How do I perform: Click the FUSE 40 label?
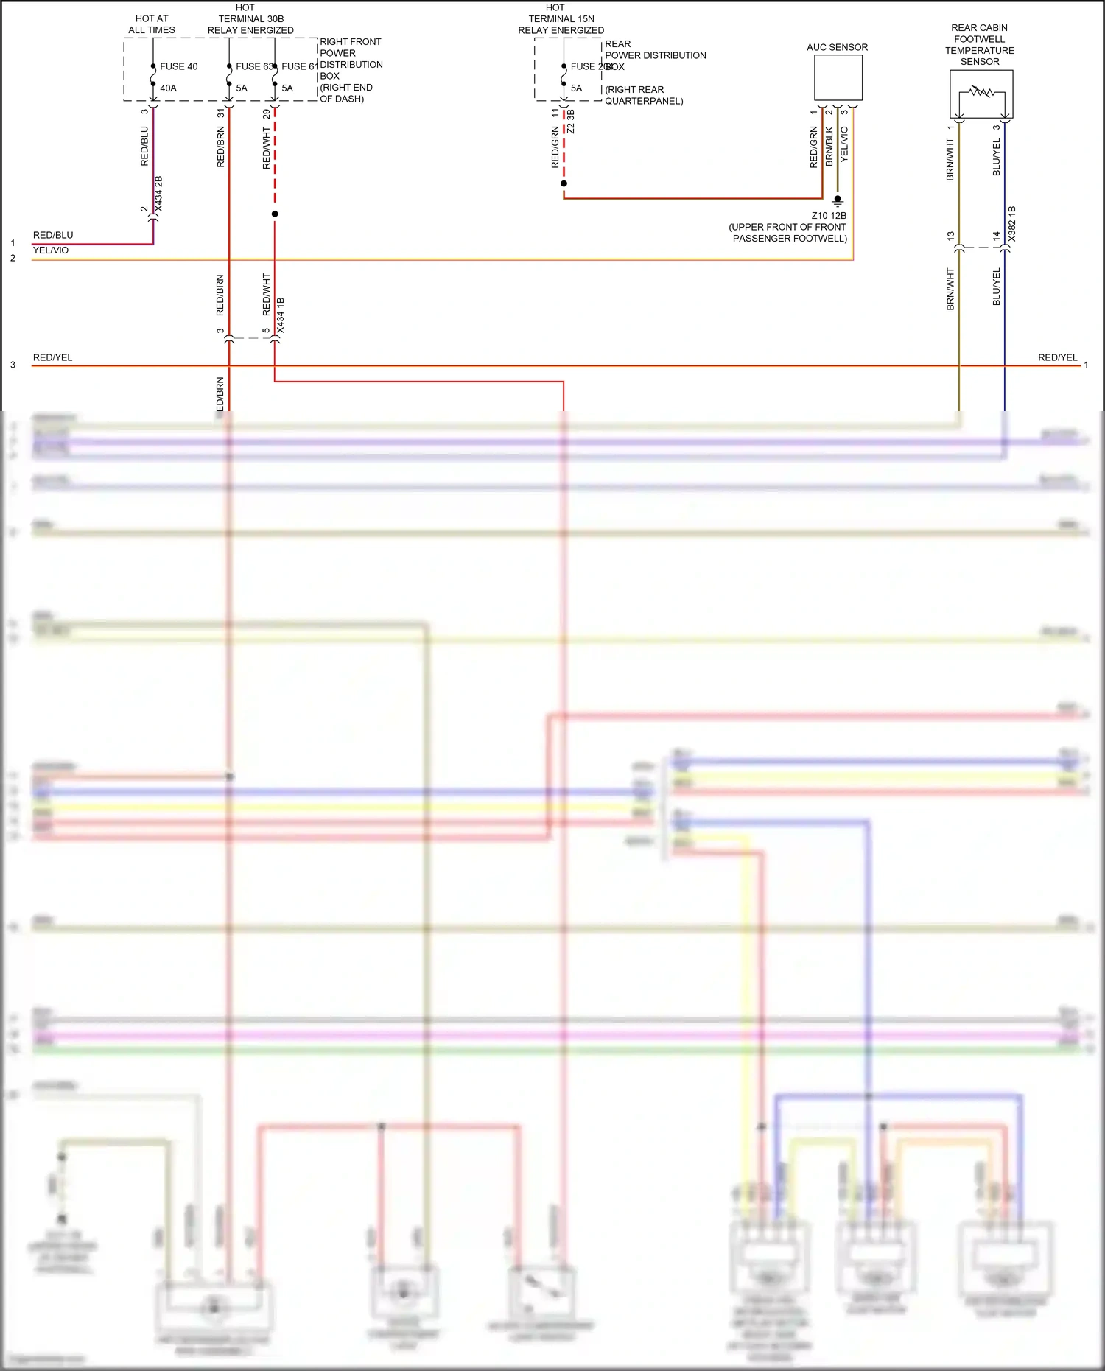(178, 66)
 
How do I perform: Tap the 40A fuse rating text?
(168, 88)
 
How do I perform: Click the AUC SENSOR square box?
(838, 78)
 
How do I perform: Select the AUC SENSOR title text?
(837, 47)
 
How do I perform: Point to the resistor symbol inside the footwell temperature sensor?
(981, 92)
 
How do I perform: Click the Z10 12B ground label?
(829, 216)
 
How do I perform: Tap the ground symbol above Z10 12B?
(838, 200)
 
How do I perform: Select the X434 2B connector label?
(158, 194)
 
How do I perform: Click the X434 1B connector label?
(280, 315)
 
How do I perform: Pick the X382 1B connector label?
(1011, 224)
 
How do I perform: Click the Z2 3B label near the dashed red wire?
(571, 122)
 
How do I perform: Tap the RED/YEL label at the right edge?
(1057, 357)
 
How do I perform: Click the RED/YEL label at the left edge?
(53, 357)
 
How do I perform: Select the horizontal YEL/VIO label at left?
(51, 250)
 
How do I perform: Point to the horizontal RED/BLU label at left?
(53, 235)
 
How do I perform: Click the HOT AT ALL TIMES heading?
(152, 24)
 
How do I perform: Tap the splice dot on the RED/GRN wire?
(564, 183)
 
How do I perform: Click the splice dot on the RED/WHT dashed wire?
(275, 214)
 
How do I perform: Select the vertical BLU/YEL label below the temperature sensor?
(996, 157)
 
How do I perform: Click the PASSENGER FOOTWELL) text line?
(790, 239)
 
